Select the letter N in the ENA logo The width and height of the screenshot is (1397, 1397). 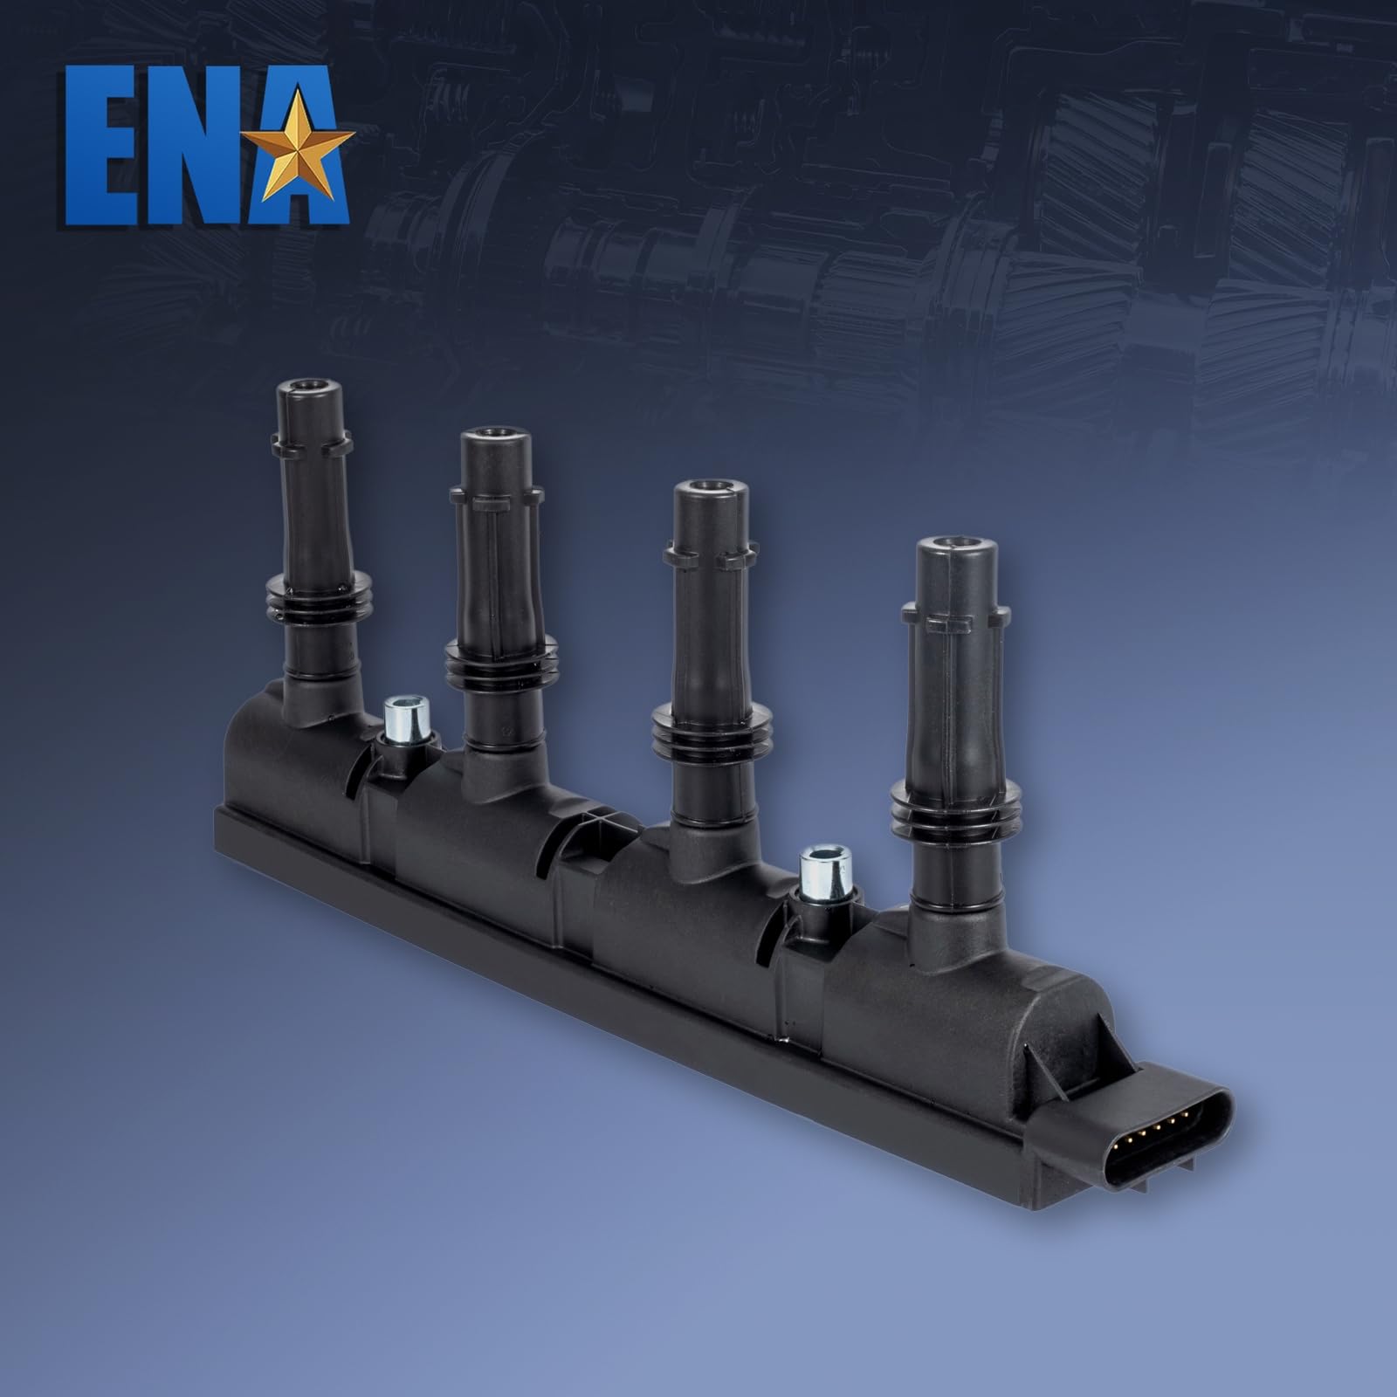click(197, 148)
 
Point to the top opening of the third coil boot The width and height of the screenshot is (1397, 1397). click(706, 487)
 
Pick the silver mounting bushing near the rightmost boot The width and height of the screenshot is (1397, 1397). click(825, 864)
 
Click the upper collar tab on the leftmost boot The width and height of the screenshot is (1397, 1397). click(306, 448)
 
